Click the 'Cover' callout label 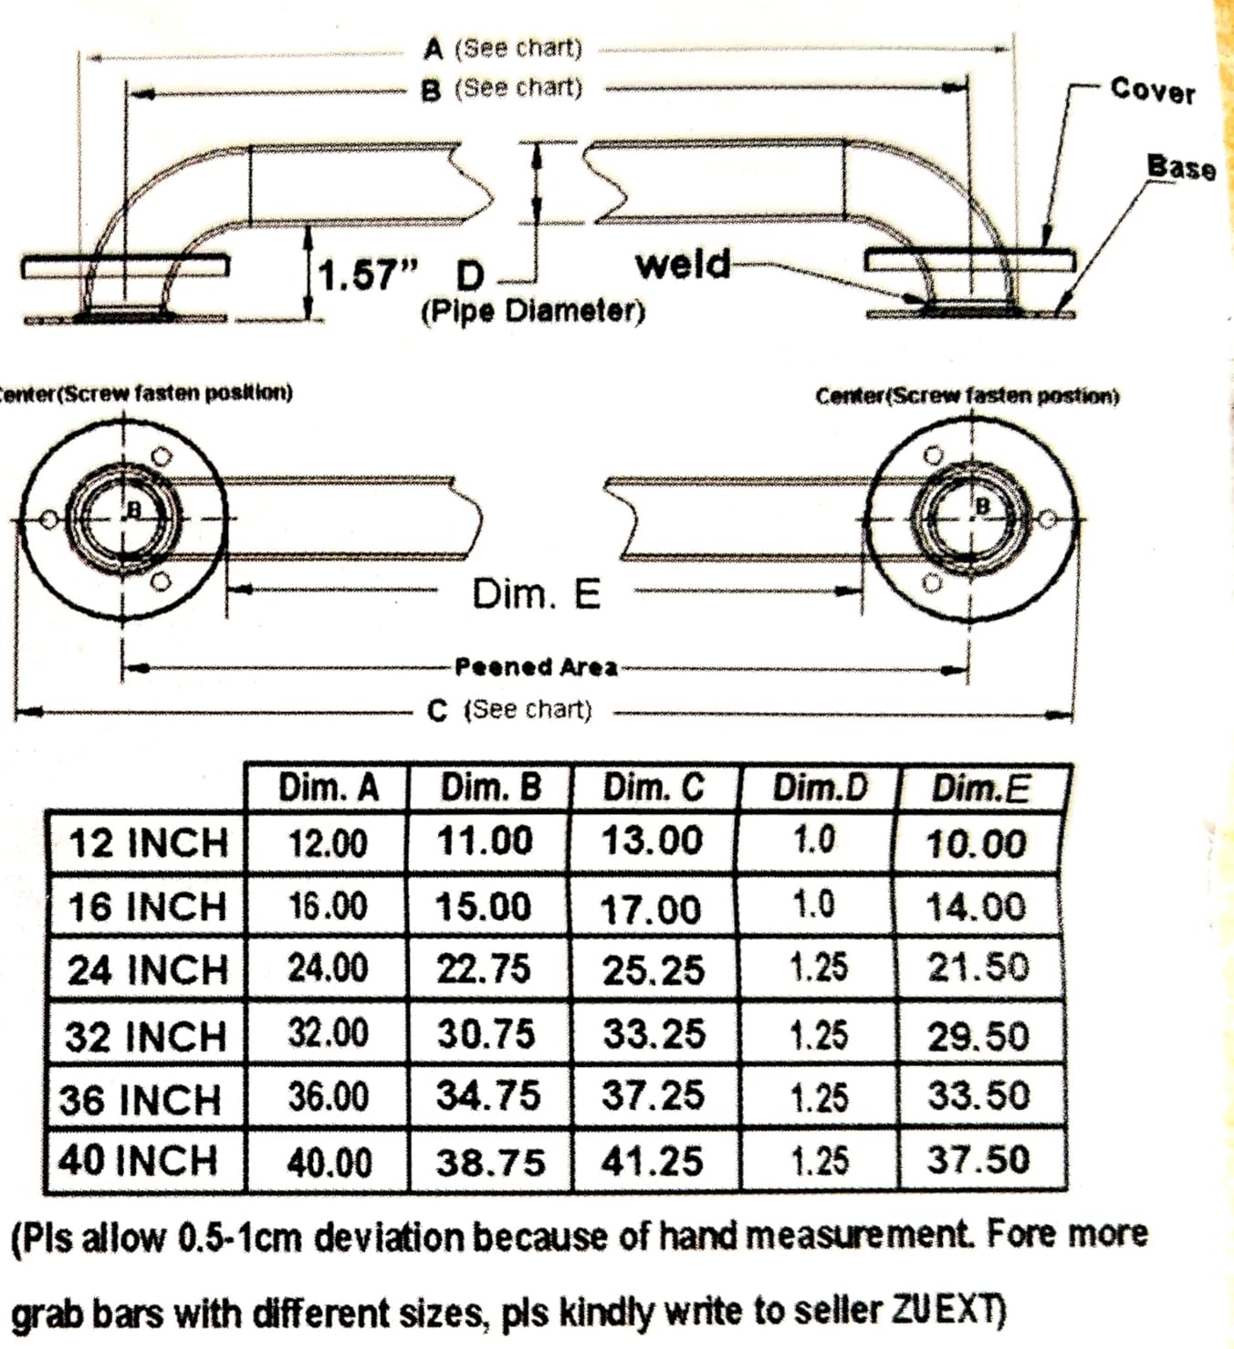(x=1152, y=90)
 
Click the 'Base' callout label (x=1181, y=167)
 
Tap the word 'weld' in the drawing (x=683, y=264)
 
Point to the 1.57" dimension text (x=367, y=275)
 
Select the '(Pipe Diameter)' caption (x=533, y=310)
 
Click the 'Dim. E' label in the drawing (x=536, y=594)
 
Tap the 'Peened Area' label (x=536, y=667)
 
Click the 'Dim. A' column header (x=329, y=789)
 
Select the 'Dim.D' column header (x=820, y=788)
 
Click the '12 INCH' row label (x=148, y=843)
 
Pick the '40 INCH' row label (x=138, y=1160)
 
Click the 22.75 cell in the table (x=484, y=969)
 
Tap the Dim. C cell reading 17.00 (x=650, y=910)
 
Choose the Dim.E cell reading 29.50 (x=978, y=1036)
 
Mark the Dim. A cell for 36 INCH (x=329, y=1097)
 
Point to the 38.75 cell (x=490, y=1163)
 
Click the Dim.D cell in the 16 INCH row (x=814, y=905)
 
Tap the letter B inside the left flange (x=134, y=510)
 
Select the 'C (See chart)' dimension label (x=509, y=710)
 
